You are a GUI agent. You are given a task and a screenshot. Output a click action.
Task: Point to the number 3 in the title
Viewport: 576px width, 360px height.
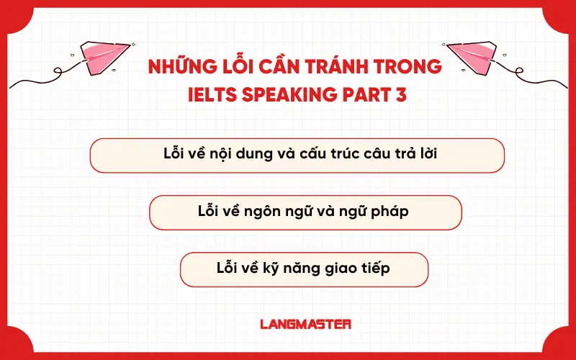coord(401,94)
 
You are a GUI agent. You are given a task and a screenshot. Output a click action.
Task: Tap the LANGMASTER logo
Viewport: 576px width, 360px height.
coord(305,324)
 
